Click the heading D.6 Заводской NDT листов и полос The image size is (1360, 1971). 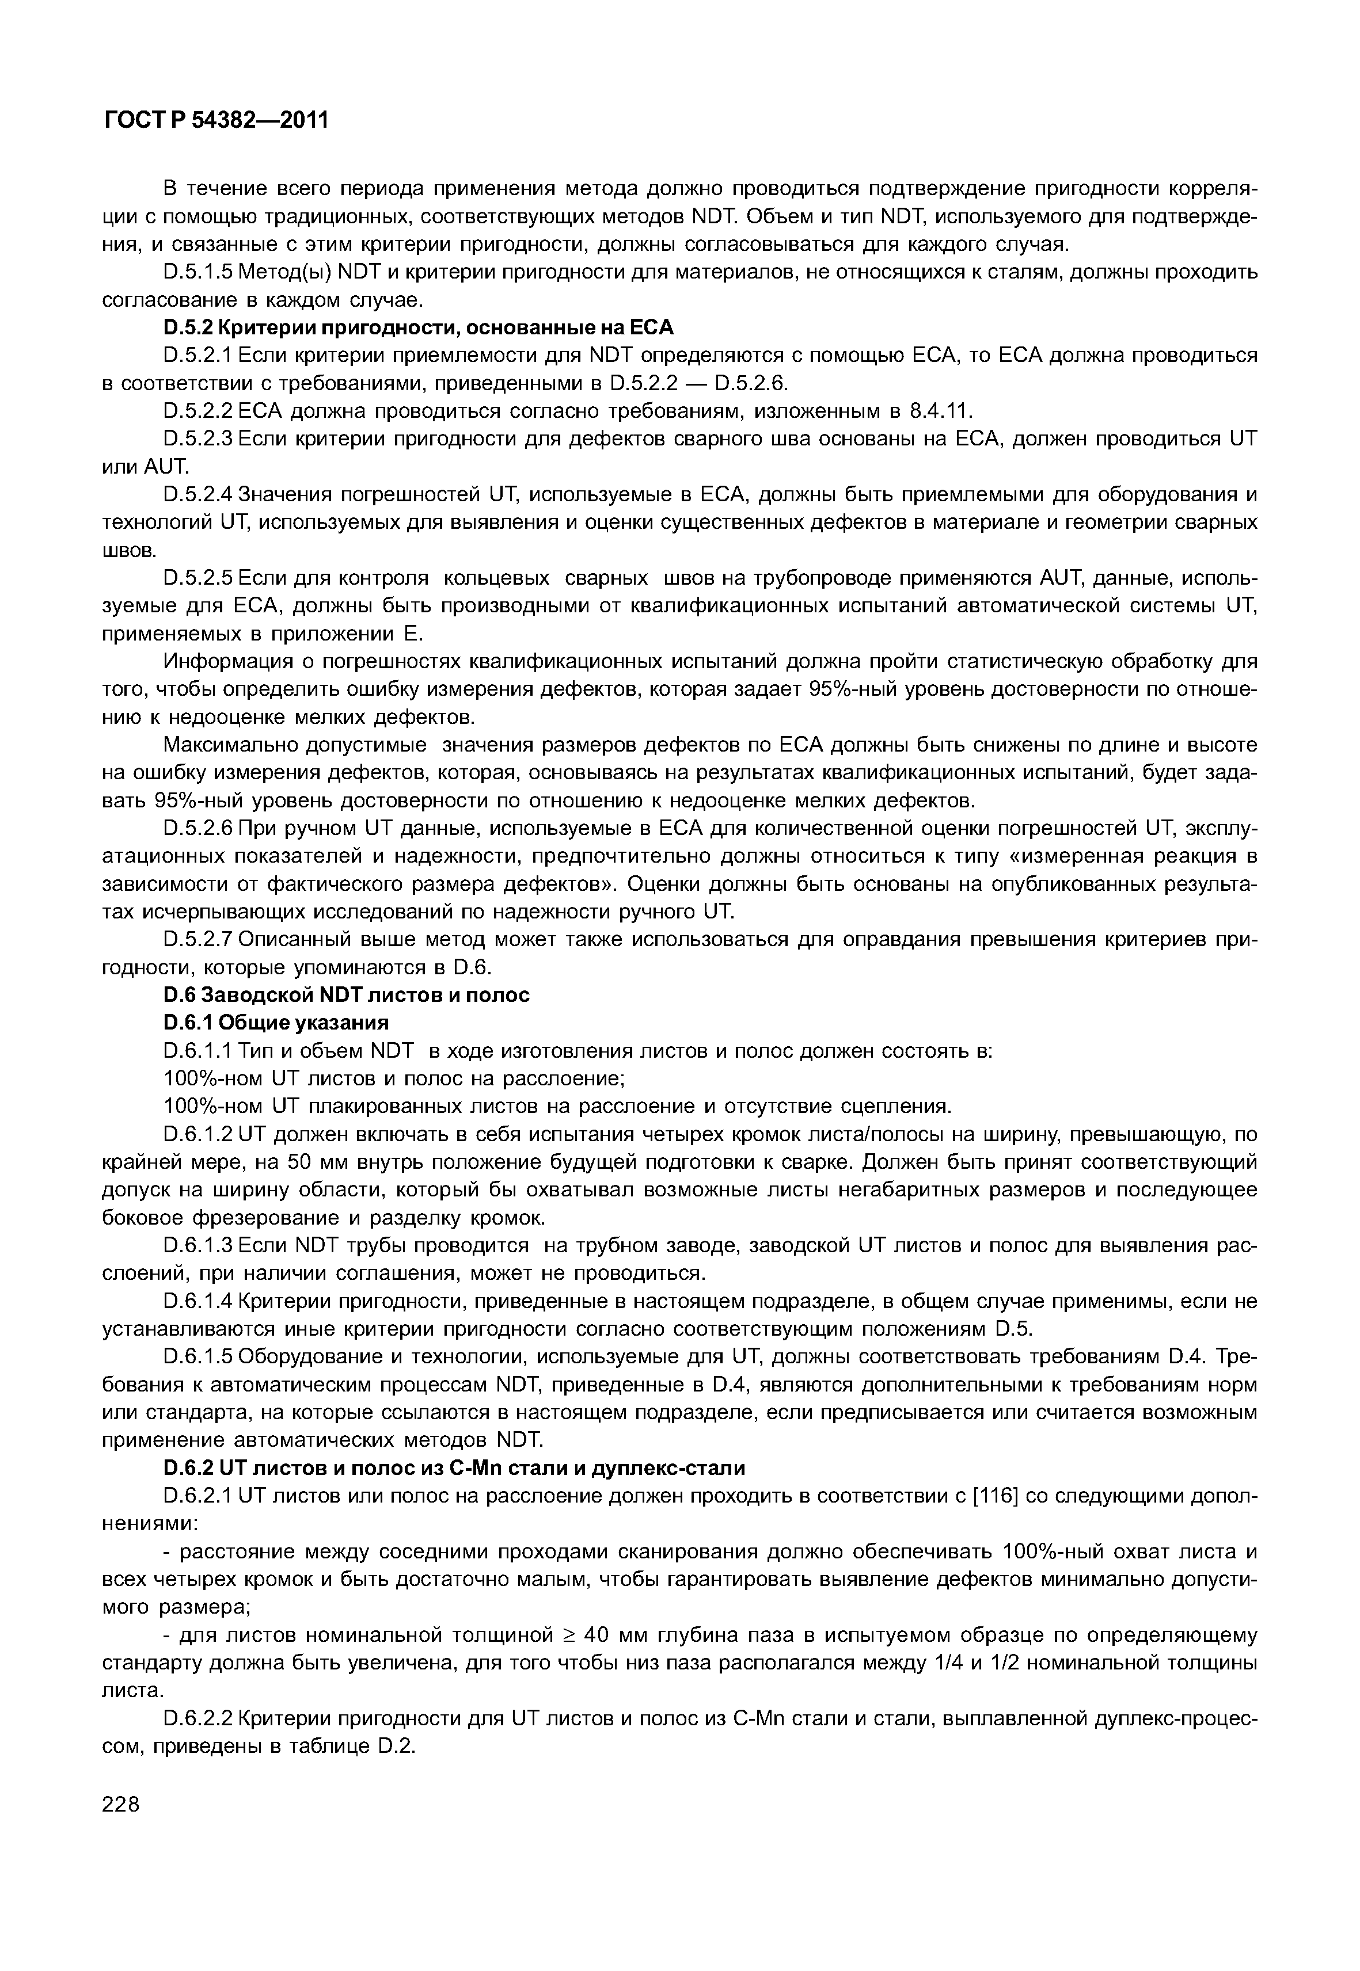(x=346, y=995)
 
